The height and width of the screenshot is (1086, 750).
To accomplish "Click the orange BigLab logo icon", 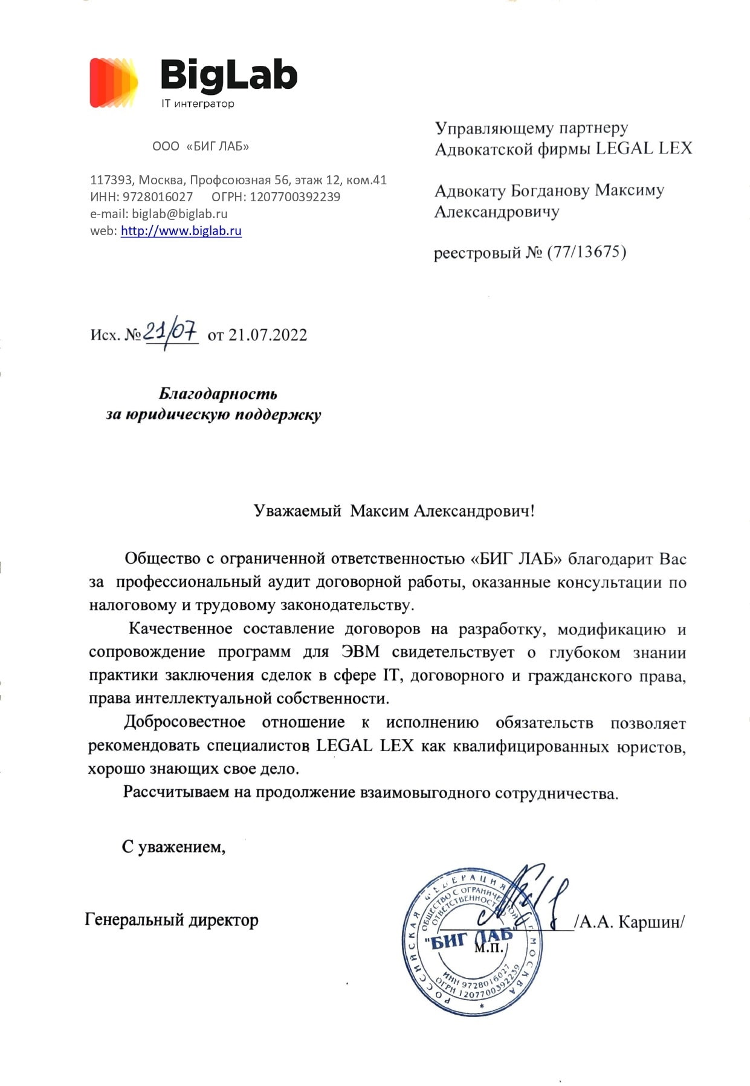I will pos(114,83).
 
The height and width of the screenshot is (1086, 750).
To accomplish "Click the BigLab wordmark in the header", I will pos(229,76).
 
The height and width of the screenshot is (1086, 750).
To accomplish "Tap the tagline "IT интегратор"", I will pos(198,103).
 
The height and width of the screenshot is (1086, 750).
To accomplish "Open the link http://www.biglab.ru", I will pos(181,230).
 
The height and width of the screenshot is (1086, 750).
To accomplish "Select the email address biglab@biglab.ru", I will pos(179,213).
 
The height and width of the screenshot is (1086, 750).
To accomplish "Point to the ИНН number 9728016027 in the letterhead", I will pos(158,196).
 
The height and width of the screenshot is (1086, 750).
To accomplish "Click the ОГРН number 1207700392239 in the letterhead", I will pos(295,196).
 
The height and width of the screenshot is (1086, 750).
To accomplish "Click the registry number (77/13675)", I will pos(586,251).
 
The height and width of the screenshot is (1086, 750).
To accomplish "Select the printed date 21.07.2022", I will pos(268,335).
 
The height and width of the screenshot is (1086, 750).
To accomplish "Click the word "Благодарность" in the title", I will pos(218,394).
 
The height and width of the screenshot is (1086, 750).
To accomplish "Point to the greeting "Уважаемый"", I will pos(297,511).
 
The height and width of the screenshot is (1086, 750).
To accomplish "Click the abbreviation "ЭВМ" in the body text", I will pos(360,652).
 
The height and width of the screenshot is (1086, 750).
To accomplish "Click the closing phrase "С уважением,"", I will pos(173,847).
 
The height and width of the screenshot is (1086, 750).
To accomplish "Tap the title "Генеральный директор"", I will pos(172,920).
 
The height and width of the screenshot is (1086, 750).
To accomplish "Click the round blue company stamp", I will pos(471,943).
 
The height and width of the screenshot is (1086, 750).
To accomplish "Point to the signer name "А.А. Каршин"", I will pos(631,922).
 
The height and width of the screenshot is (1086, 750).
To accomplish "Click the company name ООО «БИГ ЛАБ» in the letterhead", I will pos(201,146).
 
